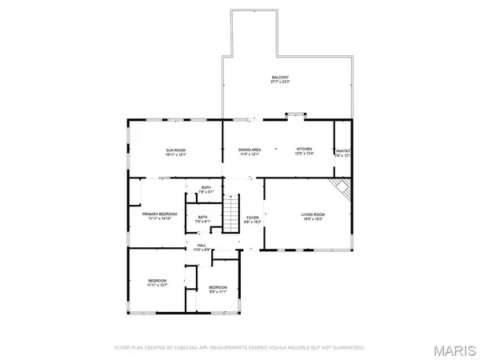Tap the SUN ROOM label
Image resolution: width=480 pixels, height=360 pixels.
click(176, 150)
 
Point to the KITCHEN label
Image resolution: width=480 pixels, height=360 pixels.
click(305, 150)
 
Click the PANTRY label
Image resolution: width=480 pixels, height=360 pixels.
click(343, 150)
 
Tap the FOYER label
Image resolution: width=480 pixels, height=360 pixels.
click(252, 217)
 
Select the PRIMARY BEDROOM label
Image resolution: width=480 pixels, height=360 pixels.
click(160, 214)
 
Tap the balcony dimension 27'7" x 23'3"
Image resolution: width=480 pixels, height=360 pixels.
click(279, 82)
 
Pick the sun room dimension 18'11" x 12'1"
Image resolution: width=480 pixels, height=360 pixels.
click(176, 155)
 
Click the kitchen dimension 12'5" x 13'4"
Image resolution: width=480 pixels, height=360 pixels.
click(305, 155)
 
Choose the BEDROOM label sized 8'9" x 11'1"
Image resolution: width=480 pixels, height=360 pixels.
click(218, 287)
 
